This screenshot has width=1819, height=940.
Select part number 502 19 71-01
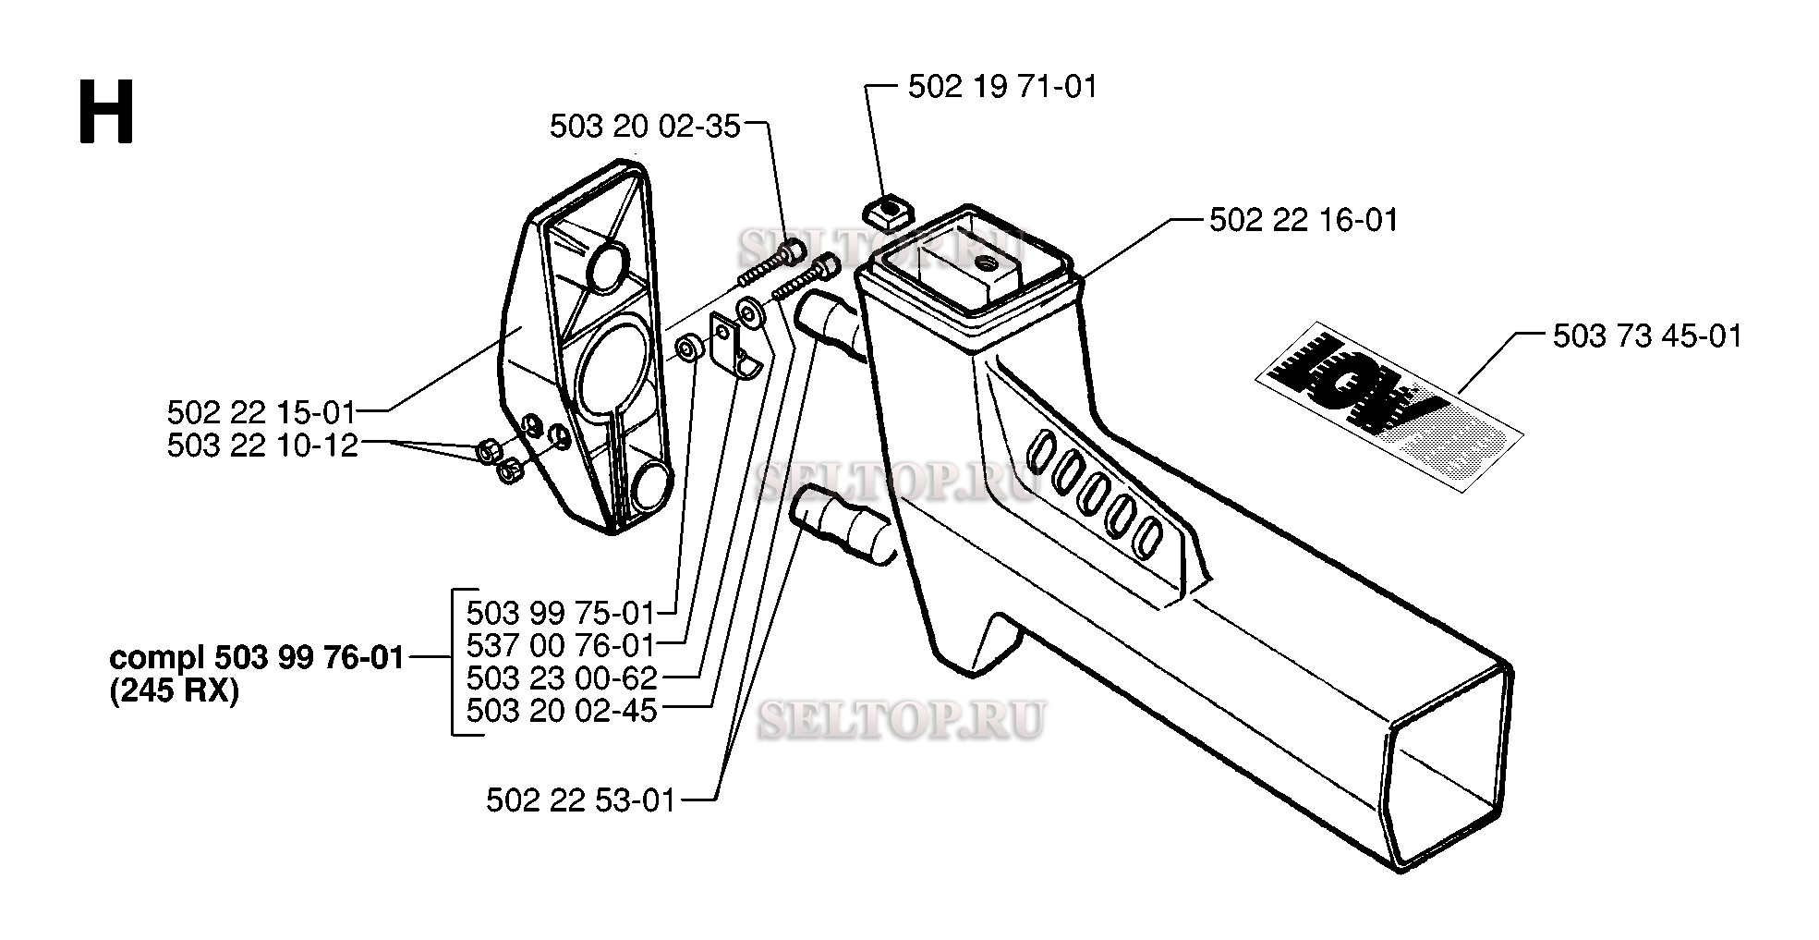1002,87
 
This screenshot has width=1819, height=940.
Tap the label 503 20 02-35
645,127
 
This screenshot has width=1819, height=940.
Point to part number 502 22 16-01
1304,220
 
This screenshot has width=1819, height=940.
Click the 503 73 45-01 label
1647,336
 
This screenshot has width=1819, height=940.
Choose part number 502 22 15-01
261,411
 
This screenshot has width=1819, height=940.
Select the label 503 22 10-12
261,446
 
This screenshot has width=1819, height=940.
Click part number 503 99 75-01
561,613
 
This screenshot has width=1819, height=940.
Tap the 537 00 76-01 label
561,645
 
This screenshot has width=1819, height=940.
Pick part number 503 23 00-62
561,678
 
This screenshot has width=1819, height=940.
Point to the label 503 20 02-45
561,711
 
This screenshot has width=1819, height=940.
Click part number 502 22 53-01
581,800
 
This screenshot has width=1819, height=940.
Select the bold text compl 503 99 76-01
257,659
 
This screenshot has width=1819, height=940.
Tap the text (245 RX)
174,691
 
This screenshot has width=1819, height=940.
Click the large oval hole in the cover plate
609,367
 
